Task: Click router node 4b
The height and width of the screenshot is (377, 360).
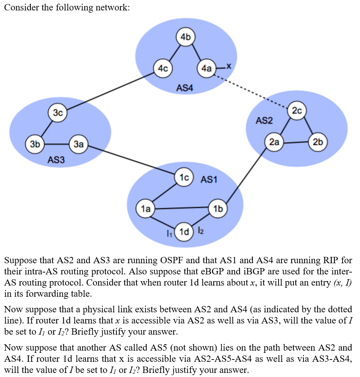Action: tap(186, 37)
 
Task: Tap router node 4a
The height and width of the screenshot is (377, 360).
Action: tap(206, 68)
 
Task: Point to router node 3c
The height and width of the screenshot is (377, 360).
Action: tap(58, 113)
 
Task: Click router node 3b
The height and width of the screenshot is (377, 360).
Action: tap(35, 144)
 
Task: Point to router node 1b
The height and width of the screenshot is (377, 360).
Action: tap(218, 209)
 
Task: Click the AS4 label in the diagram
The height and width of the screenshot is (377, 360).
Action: tap(185, 88)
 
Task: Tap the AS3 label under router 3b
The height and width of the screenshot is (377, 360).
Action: tap(56, 160)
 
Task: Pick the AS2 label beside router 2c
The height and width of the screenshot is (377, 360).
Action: tap(264, 120)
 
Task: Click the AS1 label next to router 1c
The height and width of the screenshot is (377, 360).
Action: tap(209, 180)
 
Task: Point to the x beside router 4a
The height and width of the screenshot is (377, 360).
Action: tap(229, 67)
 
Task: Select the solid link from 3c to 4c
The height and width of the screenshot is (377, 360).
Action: tap(110, 91)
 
